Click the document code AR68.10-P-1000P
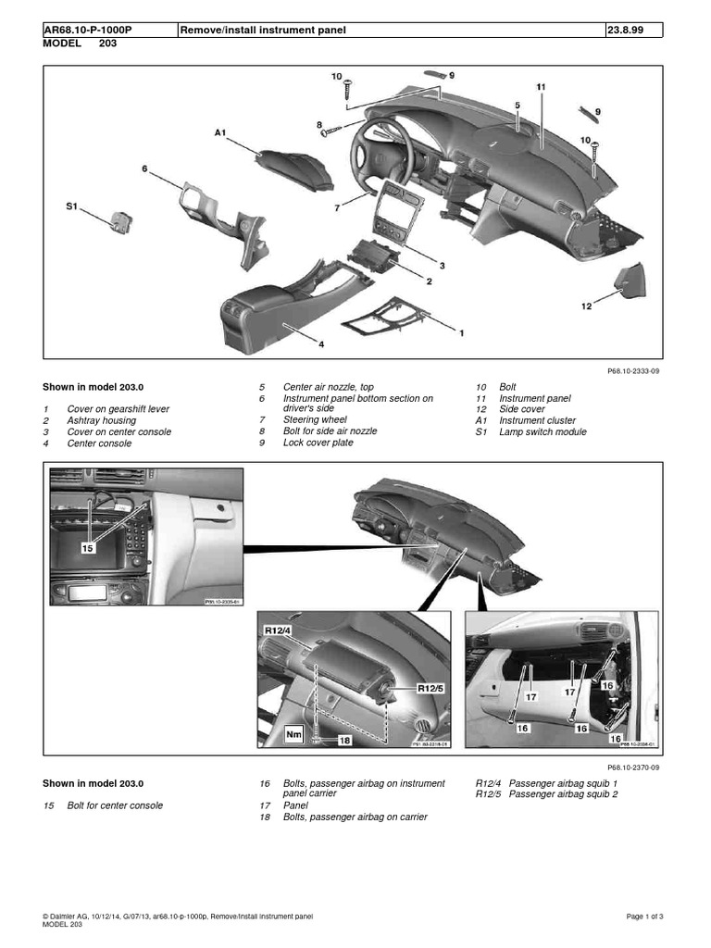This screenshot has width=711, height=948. (88, 30)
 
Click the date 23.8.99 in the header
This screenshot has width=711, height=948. (627, 30)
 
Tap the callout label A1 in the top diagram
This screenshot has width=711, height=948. (220, 133)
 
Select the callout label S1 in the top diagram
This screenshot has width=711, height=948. (71, 208)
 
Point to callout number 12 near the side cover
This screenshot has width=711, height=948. (586, 306)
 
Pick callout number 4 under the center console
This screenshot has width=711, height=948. (321, 344)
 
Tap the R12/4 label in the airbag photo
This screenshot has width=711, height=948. (279, 630)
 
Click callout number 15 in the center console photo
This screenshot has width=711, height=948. (88, 547)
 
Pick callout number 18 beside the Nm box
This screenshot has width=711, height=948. (344, 740)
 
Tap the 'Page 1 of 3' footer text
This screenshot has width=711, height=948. (645, 917)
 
